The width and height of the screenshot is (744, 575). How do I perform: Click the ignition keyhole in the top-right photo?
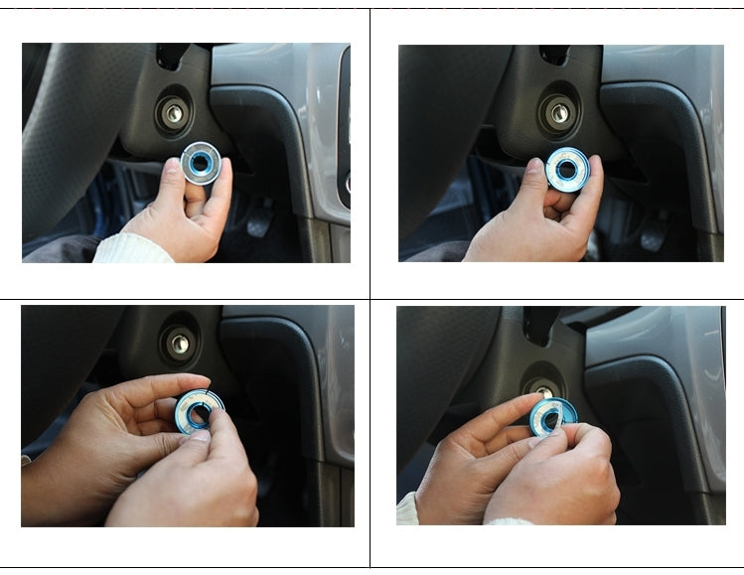pyautogui.click(x=559, y=112)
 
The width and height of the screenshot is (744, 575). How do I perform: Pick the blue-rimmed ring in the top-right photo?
pyautogui.click(x=568, y=170)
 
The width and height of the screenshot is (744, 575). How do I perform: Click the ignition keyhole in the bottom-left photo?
pyautogui.click(x=179, y=344)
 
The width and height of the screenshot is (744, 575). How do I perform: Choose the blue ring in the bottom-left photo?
pyautogui.click(x=199, y=410)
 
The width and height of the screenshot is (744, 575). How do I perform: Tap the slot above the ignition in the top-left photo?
pyautogui.click(x=170, y=58)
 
